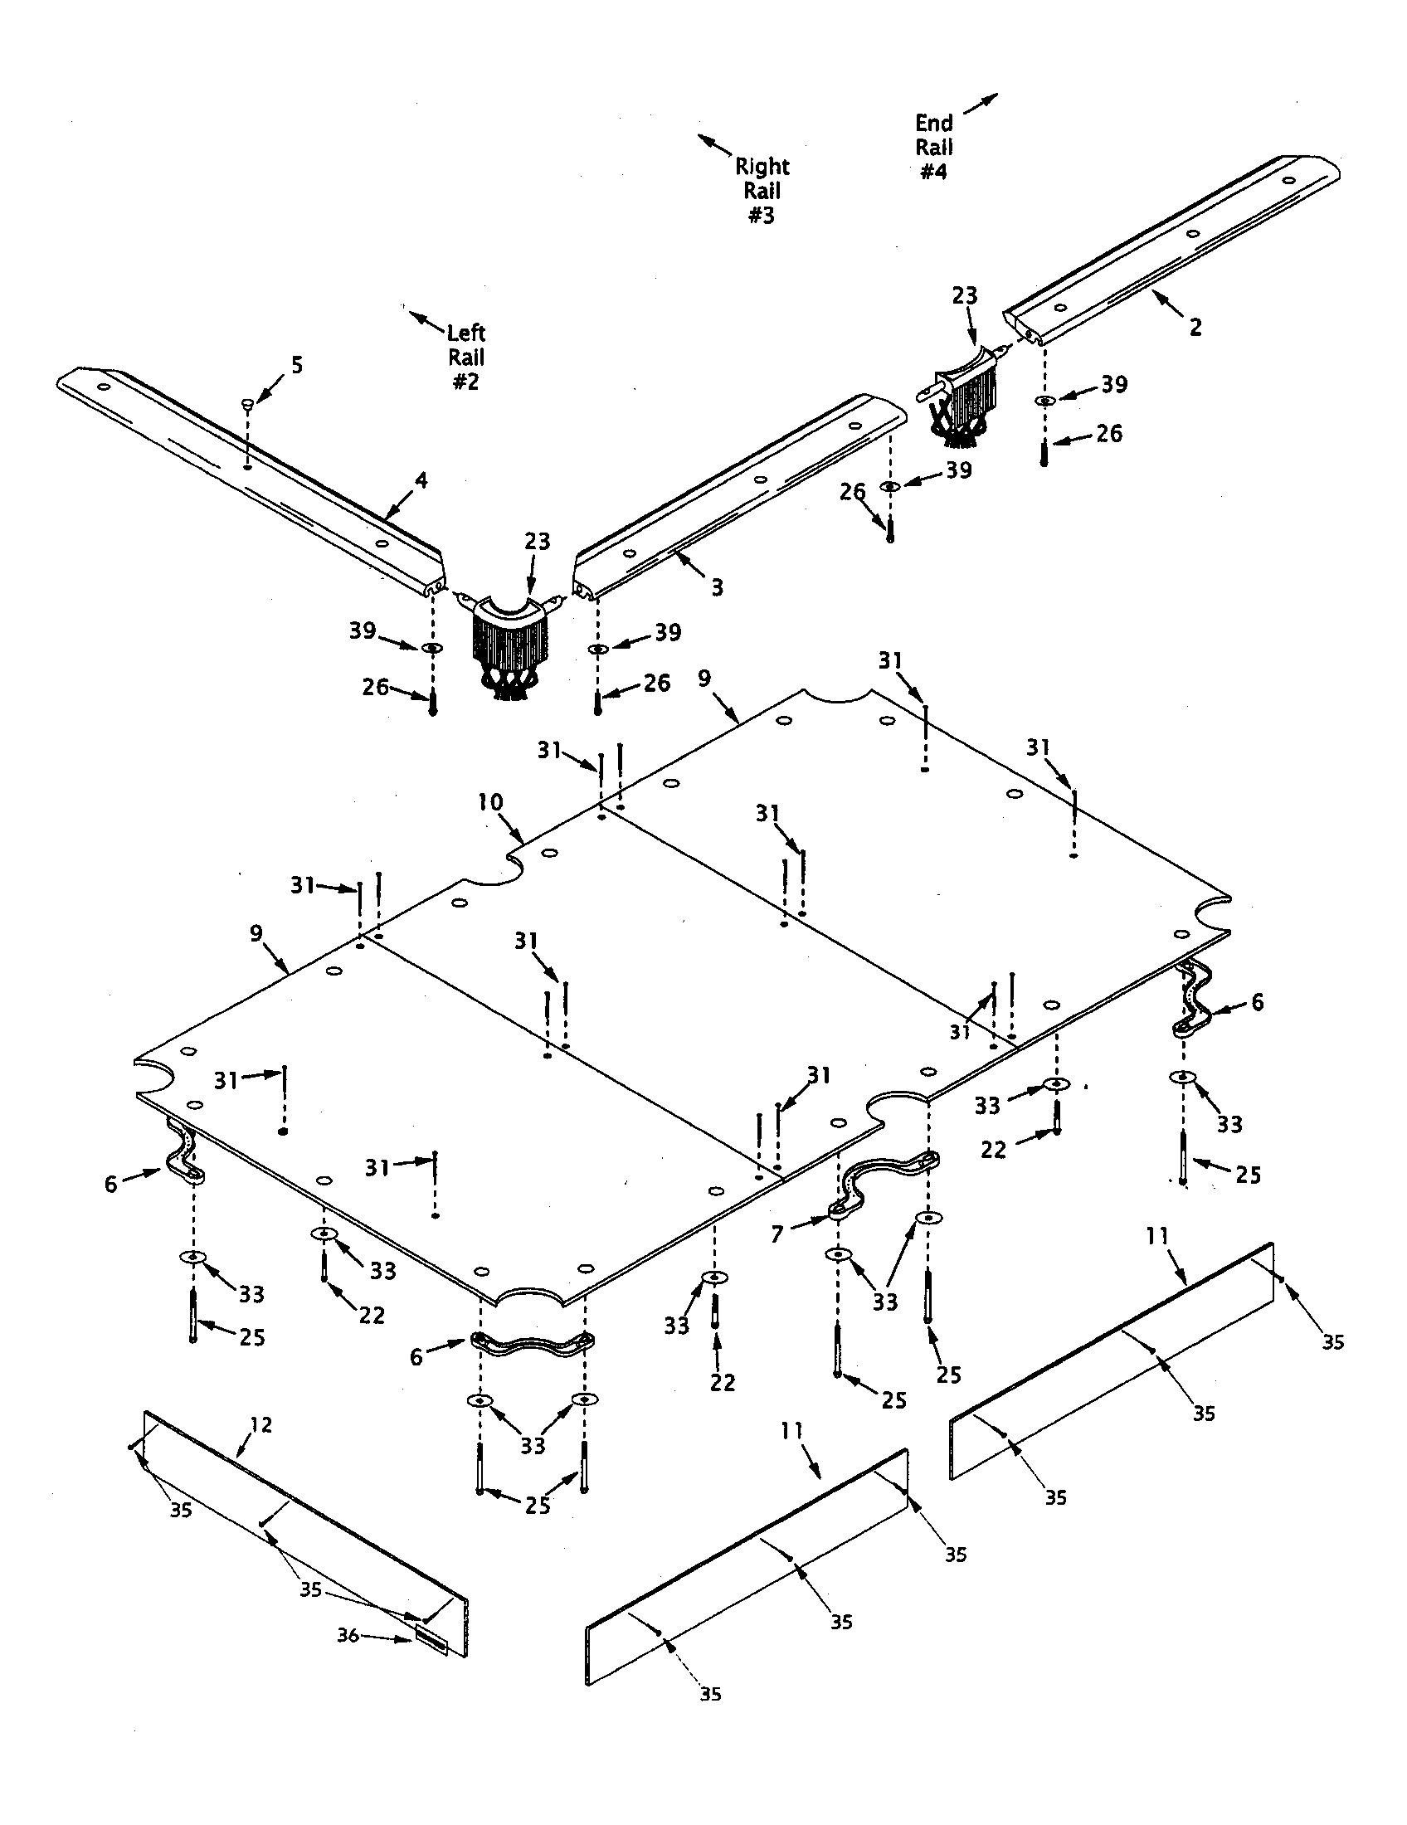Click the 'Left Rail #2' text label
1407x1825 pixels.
[x=466, y=357]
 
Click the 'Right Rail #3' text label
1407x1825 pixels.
[x=761, y=191]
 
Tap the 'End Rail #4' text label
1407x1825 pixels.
[x=933, y=147]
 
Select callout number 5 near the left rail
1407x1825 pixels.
[x=297, y=365]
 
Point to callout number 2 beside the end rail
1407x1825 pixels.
[x=1195, y=328]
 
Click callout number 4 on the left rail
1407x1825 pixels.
[x=421, y=480]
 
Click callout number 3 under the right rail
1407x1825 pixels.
[x=716, y=587]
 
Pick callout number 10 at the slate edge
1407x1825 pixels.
[x=489, y=803]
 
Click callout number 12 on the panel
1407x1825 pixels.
[x=260, y=1424]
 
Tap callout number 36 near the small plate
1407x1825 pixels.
[x=348, y=1635]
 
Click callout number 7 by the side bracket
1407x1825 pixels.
[x=777, y=1234]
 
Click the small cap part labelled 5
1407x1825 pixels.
[x=248, y=405]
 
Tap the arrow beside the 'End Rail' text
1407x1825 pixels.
[x=980, y=105]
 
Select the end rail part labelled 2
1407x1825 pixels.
[x=1170, y=251]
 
